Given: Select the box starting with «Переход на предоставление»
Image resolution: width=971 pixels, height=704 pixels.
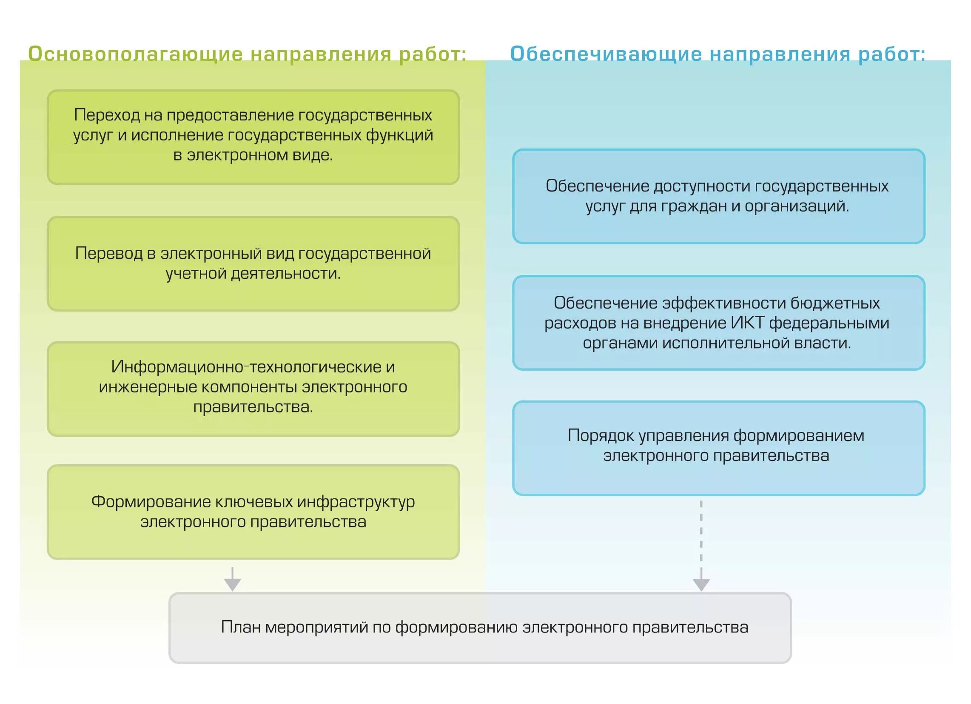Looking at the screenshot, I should coord(253,137).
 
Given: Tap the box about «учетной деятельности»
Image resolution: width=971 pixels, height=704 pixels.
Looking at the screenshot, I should coord(253,263).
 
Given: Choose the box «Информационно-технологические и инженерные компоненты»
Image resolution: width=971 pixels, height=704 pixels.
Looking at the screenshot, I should coord(253,389).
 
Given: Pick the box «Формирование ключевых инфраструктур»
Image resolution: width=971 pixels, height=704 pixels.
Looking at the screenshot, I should coord(253,512).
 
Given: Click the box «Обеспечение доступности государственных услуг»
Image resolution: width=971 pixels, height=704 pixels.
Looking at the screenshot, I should coord(718,196).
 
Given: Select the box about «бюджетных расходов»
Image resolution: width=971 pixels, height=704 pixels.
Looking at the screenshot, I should coord(718,323).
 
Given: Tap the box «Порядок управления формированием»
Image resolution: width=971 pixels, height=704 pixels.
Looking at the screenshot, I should coord(718,448).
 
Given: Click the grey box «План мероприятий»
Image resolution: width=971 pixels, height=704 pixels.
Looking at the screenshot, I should coord(480,628).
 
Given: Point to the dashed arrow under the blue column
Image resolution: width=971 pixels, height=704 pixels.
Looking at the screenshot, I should coord(701,544).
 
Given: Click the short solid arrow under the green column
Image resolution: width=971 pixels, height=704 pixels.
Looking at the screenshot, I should coord(233,579).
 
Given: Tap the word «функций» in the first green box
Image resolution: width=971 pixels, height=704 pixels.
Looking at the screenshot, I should coord(399,135).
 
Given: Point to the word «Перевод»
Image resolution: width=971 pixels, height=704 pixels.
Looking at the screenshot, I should coord(109,254).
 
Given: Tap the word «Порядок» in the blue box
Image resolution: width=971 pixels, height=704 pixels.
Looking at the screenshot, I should coord(601,436).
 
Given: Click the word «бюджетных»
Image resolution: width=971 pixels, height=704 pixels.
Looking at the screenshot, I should coord(835,303).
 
